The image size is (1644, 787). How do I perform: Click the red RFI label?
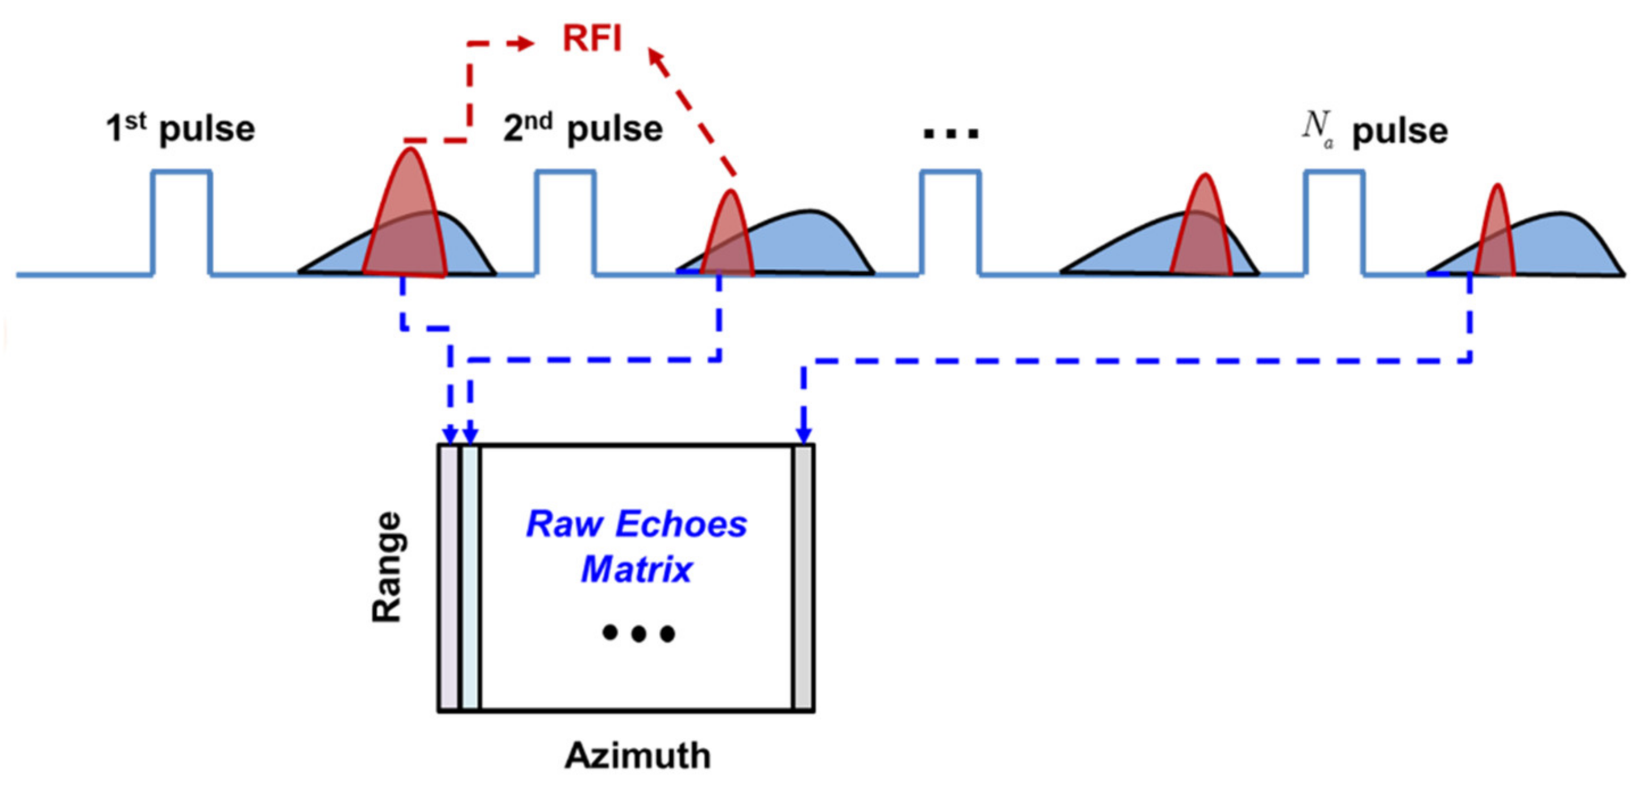pos(592,38)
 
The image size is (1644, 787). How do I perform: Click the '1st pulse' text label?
pos(181,129)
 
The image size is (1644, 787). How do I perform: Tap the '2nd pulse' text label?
pos(583,129)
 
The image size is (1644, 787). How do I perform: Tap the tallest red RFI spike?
pos(409,217)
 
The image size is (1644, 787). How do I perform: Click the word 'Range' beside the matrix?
pos(387,567)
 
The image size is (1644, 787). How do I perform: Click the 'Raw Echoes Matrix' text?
pos(636,546)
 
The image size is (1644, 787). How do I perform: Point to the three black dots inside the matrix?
pos(638,633)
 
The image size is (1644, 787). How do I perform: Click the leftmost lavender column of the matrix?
pos(449,578)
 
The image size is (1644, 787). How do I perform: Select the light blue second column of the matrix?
pos(470,578)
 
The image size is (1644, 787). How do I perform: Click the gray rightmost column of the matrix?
pos(803,578)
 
